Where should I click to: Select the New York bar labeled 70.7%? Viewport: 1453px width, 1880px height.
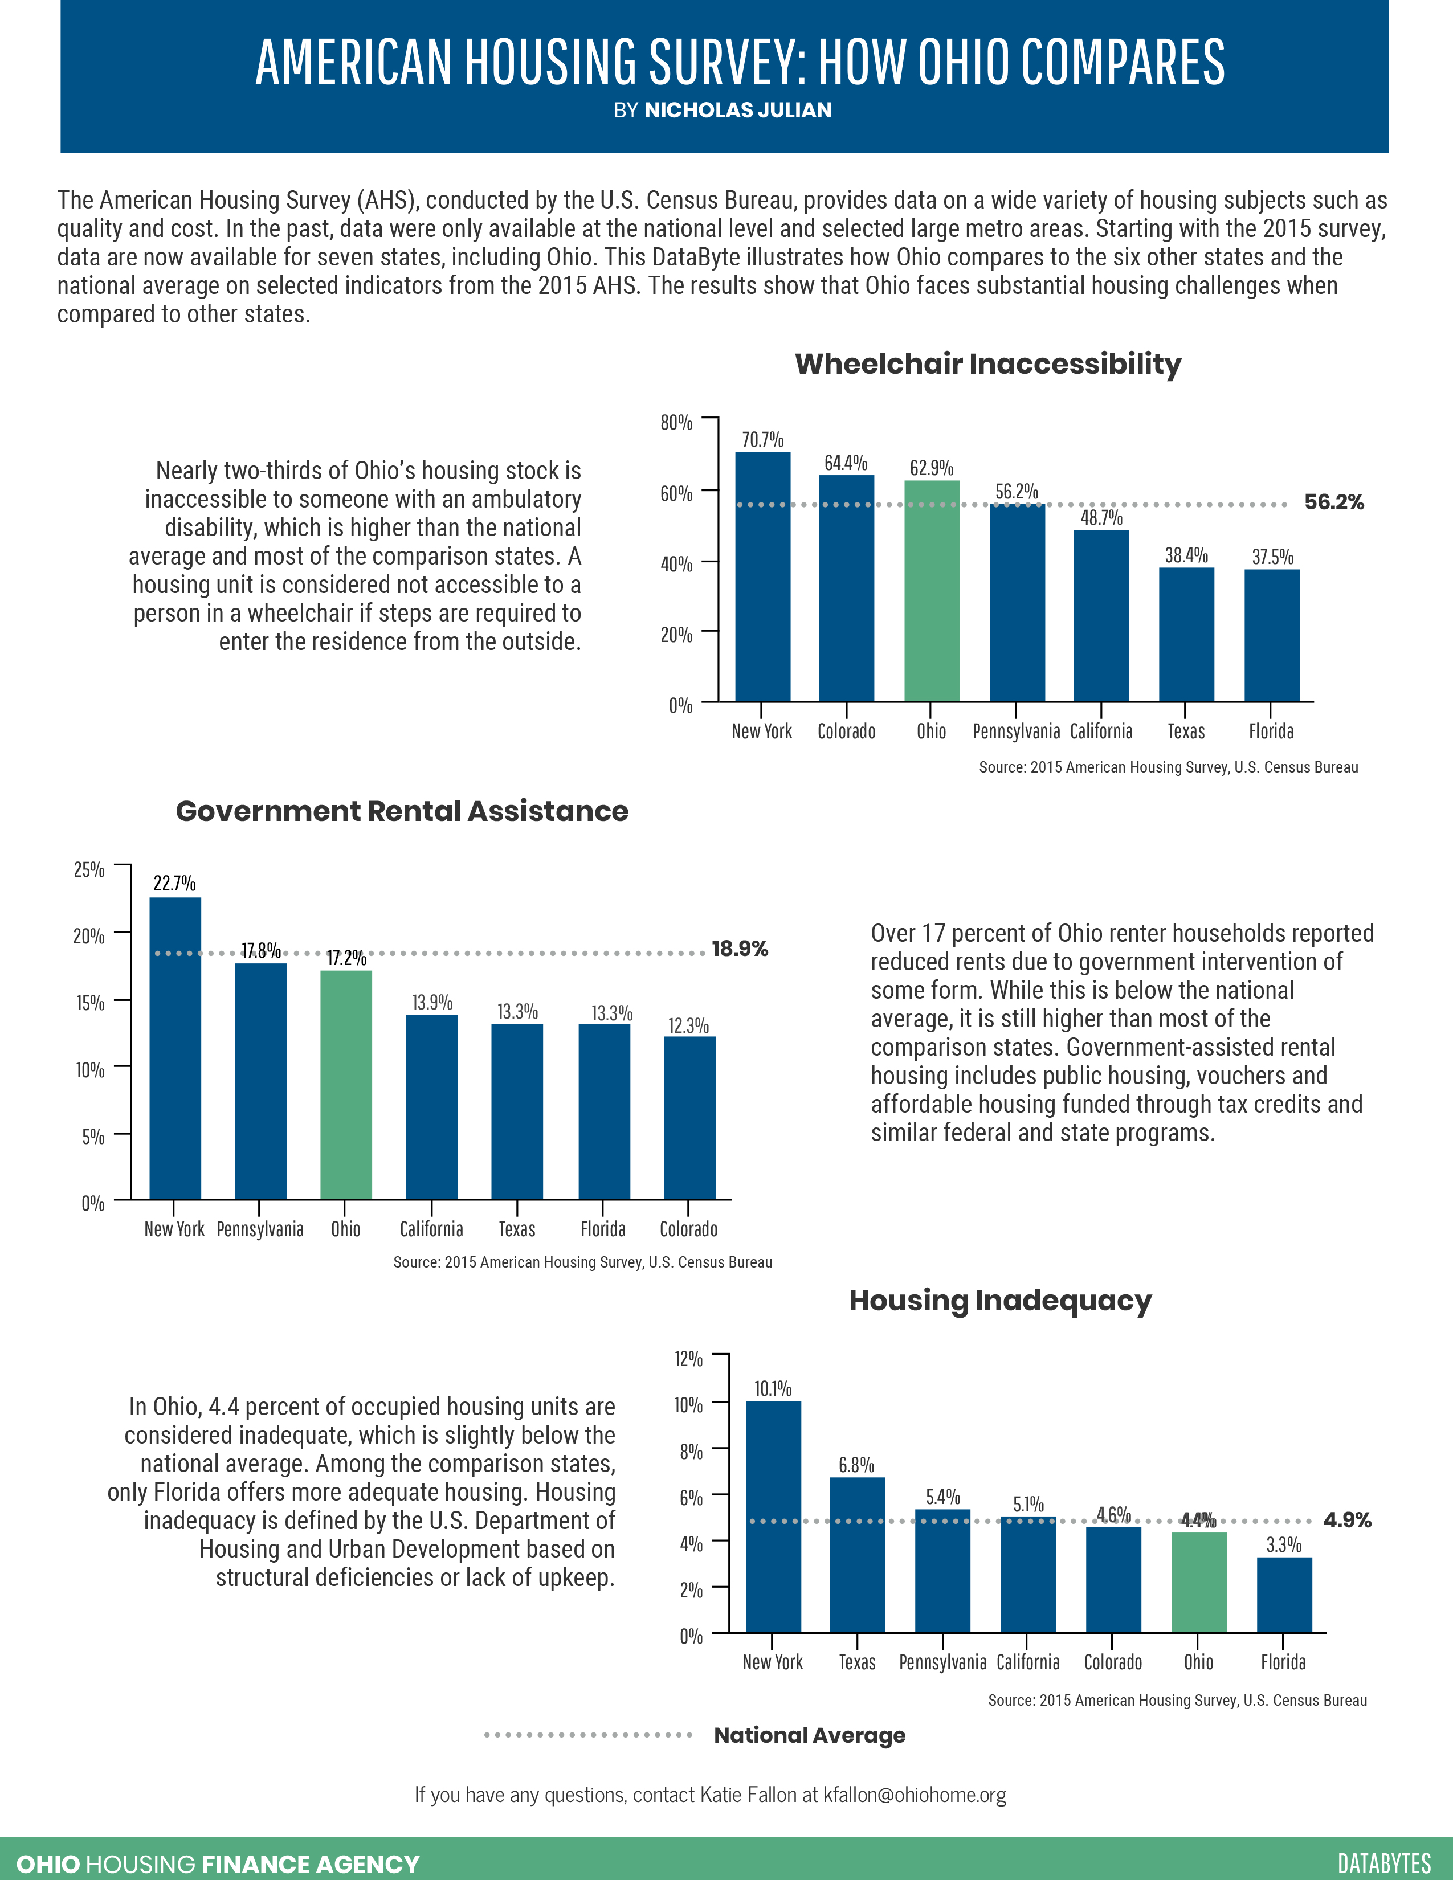pyautogui.click(x=762, y=577)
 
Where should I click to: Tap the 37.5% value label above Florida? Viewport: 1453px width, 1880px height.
pyautogui.click(x=1272, y=557)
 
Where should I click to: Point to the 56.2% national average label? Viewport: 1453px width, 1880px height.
pyautogui.click(x=1333, y=502)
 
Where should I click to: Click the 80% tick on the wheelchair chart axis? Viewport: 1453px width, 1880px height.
pyautogui.click(x=676, y=422)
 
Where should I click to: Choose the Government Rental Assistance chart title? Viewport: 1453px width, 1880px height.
pyautogui.click(x=402, y=811)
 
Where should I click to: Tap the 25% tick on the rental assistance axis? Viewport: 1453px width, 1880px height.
pyautogui.click(x=89, y=869)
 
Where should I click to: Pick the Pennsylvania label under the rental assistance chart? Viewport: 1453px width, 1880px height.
pyautogui.click(x=260, y=1229)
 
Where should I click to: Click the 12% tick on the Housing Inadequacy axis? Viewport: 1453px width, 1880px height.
pyautogui.click(x=689, y=1359)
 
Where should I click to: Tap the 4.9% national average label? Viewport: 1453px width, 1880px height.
pyautogui.click(x=1347, y=1520)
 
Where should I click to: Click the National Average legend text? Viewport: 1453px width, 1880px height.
pyautogui.click(x=809, y=1735)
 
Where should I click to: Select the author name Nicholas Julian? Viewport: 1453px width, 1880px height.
pyautogui.click(x=738, y=110)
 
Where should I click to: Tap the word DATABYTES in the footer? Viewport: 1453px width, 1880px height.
pyautogui.click(x=1384, y=1863)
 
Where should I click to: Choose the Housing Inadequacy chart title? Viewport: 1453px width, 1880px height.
pyautogui.click(x=999, y=1301)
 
